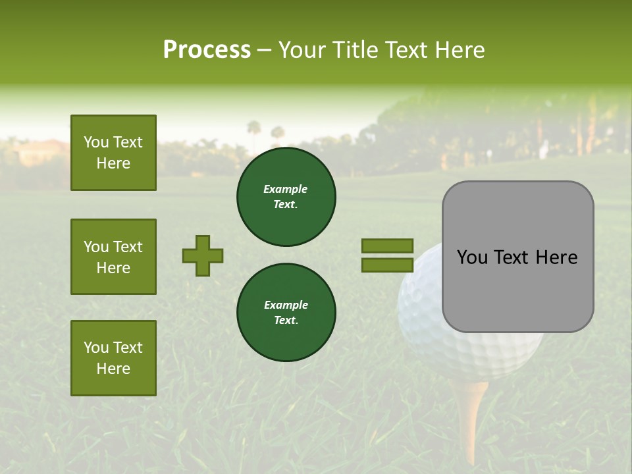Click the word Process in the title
coord(207,50)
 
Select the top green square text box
coord(113,153)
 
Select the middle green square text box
coord(113,257)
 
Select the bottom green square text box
coord(113,358)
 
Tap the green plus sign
coord(203,255)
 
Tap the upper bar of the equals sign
coord(387,246)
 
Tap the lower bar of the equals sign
coord(387,265)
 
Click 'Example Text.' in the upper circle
coord(286,197)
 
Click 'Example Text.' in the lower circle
coord(286,313)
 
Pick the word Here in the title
coord(459,50)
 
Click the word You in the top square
coord(96,142)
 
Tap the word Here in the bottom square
coord(113,369)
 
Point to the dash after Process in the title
coord(264,50)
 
